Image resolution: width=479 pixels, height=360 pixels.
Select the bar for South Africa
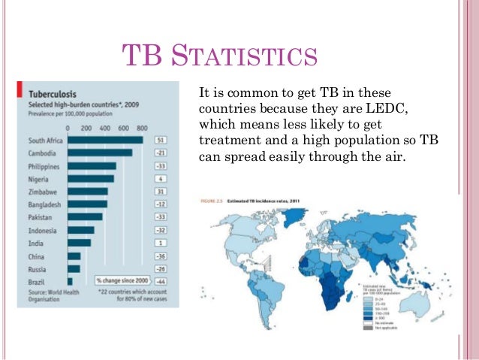(105, 140)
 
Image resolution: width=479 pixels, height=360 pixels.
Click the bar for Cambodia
(100, 153)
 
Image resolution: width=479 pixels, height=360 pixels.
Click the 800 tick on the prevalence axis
(141, 128)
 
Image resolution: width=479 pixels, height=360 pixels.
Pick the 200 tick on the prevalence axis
(86, 128)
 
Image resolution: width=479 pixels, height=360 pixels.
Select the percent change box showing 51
(160, 140)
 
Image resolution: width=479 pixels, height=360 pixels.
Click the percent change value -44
(160, 281)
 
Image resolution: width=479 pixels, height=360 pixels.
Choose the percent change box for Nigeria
(160, 178)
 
